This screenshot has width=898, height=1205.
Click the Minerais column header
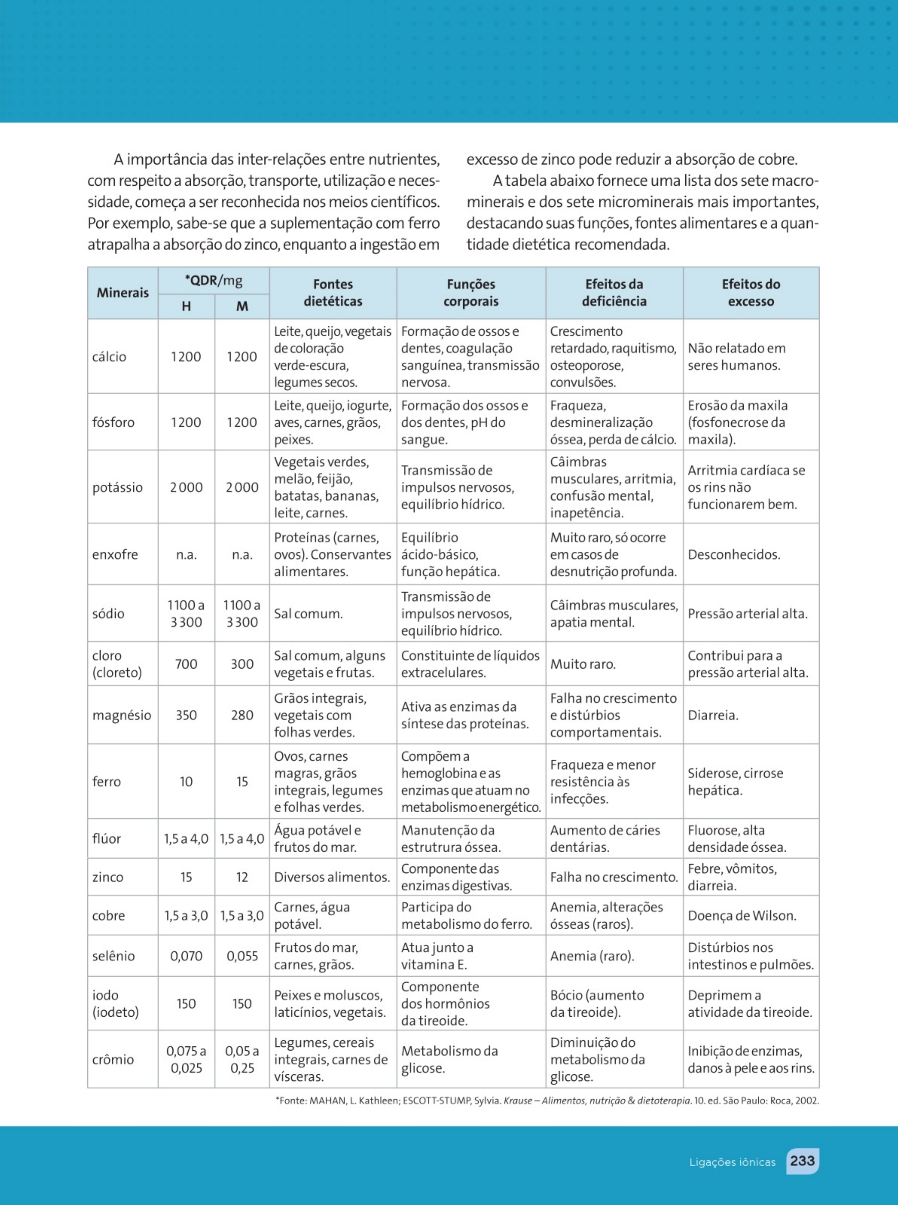pyautogui.click(x=122, y=293)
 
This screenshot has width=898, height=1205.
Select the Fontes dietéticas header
pyautogui.click(x=333, y=293)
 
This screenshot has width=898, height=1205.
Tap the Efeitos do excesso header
pyautogui.click(x=751, y=293)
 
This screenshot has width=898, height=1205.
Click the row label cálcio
pyautogui.click(x=109, y=357)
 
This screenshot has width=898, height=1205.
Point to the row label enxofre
pyautogui.click(x=115, y=555)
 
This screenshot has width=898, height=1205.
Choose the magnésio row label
pyautogui.click(x=122, y=715)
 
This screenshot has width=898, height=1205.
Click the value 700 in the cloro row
pyautogui.click(x=186, y=664)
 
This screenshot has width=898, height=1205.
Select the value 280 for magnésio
pyautogui.click(x=242, y=715)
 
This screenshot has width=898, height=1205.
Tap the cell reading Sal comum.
pyautogui.click(x=308, y=614)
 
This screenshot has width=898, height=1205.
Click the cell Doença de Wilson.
pyautogui.click(x=742, y=916)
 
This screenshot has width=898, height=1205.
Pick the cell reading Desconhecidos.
pyautogui.click(x=734, y=555)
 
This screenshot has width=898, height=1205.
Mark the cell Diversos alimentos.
pyautogui.click(x=332, y=877)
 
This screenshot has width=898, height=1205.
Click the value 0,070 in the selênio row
pyautogui.click(x=186, y=956)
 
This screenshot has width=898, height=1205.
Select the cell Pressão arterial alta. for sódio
pyautogui.click(x=747, y=614)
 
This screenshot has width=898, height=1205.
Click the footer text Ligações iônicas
pyautogui.click(x=732, y=1162)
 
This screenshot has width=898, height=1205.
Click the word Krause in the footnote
pyautogui.click(x=517, y=1101)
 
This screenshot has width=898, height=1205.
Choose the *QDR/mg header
pyautogui.click(x=214, y=281)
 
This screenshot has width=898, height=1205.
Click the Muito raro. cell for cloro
pyautogui.click(x=583, y=664)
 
